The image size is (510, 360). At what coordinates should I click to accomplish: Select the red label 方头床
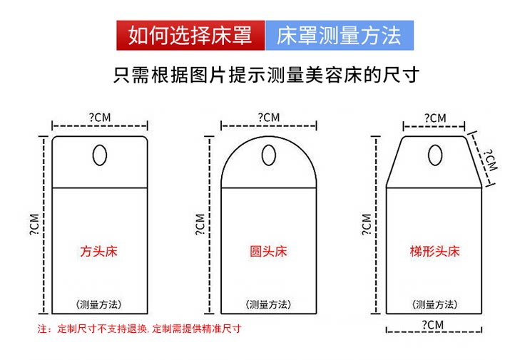click(x=100, y=251)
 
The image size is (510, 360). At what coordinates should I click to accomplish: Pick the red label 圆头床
click(x=268, y=251)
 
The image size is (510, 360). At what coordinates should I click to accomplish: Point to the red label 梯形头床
click(x=435, y=251)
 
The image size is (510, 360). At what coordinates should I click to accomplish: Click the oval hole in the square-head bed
click(x=100, y=154)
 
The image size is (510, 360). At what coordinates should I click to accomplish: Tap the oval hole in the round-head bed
click(x=268, y=154)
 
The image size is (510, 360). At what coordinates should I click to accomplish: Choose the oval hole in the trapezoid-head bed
click(x=434, y=154)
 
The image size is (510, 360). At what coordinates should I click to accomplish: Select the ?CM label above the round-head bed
click(x=268, y=116)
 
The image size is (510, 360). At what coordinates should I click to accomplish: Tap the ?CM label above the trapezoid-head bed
click(x=434, y=118)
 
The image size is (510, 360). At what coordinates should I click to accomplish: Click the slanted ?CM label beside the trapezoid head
click(x=489, y=160)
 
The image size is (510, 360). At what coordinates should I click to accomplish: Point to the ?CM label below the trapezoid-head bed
click(x=434, y=324)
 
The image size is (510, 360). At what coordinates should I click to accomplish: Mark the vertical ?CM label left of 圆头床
click(x=200, y=223)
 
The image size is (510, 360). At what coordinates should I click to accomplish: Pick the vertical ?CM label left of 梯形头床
click(x=367, y=223)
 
